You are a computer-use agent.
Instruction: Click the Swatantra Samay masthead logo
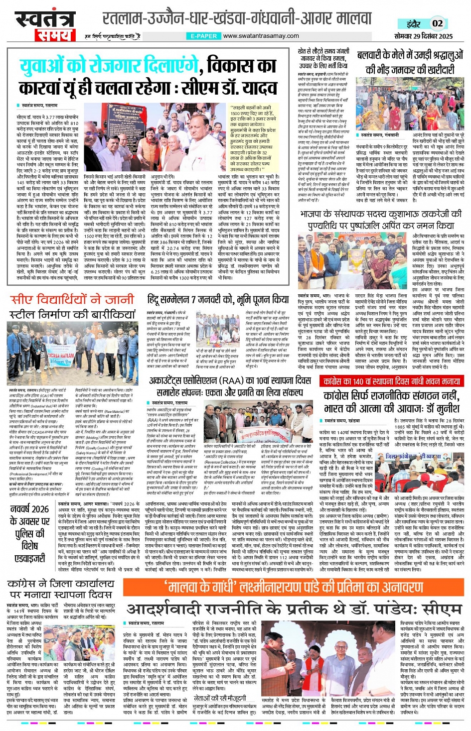(x=45, y=25)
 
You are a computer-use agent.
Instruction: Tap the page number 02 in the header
(x=437, y=23)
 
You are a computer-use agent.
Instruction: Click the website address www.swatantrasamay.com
(x=261, y=36)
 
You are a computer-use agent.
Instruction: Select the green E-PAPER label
(x=203, y=36)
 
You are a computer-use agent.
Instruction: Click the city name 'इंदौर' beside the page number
(x=413, y=23)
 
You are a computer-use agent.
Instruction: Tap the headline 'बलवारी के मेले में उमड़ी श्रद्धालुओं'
(x=411, y=55)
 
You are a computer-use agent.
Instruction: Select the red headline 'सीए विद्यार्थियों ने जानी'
(x=72, y=300)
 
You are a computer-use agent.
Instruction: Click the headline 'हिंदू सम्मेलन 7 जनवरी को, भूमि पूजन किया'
(x=218, y=299)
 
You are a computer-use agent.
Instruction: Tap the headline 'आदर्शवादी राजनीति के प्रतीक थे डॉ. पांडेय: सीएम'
(x=294, y=609)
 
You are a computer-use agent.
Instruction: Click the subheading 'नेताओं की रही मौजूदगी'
(x=219, y=698)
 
